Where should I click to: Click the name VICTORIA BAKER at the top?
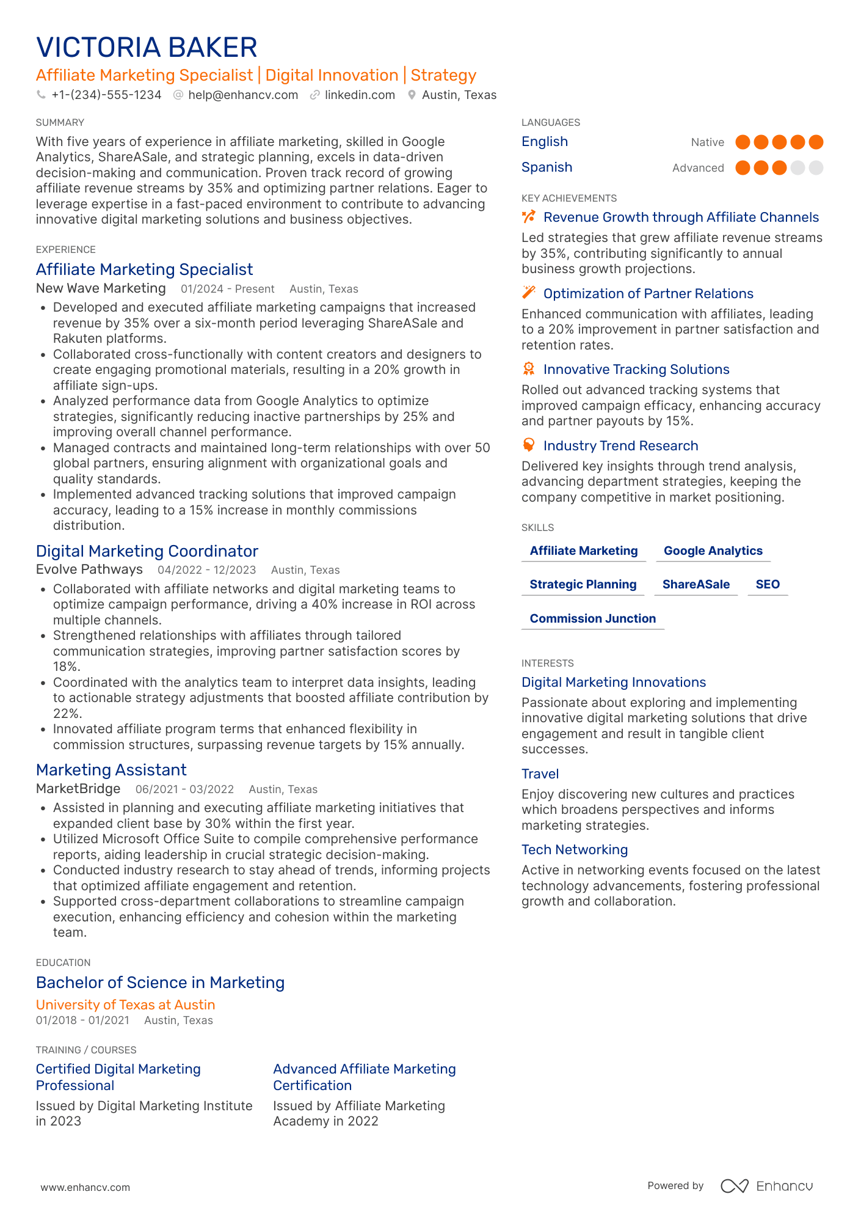[x=147, y=48]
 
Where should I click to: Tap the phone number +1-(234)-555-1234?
[x=106, y=95]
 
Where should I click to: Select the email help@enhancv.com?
[x=243, y=95]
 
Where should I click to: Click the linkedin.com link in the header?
[x=360, y=95]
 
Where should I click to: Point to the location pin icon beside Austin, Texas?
[x=412, y=95]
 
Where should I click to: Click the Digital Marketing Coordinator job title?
[x=147, y=551]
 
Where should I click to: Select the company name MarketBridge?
[x=78, y=789]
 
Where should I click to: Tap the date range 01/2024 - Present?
[x=228, y=289]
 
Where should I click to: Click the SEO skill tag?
[x=768, y=585]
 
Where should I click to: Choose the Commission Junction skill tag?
[x=592, y=619]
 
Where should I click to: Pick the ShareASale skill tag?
[x=696, y=585]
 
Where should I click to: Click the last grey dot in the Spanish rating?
[x=816, y=168]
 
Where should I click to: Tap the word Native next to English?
[x=707, y=142]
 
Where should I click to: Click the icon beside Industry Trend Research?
[x=529, y=445]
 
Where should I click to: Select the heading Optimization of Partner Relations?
[x=648, y=294]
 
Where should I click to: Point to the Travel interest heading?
[x=540, y=774]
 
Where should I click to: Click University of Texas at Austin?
[x=125, y=1005]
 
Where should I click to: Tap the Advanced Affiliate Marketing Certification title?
[x=364, y=1077]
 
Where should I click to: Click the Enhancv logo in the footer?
[x=767, y=1186]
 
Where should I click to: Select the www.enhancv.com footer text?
[x=85, y=1188]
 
